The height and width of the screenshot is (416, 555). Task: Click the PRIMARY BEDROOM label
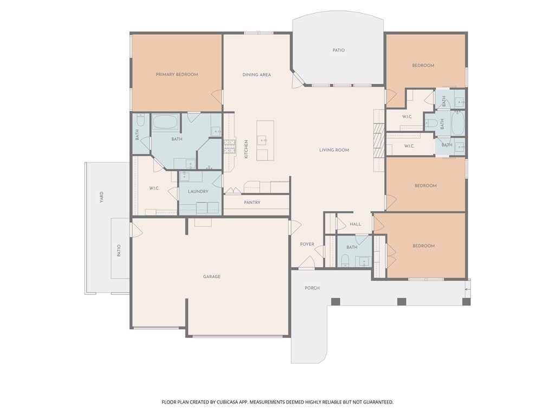177,75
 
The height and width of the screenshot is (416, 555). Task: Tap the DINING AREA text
256,75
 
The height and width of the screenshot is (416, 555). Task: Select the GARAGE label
211,277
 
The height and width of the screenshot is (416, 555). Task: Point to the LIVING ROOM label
334,150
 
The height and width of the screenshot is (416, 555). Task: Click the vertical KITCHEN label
246,149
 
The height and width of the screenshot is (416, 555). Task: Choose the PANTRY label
252,203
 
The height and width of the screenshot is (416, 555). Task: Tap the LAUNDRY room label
198,192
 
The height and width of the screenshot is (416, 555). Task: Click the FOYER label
307,244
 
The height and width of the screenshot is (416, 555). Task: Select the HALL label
355,224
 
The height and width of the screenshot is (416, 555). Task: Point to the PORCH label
312,288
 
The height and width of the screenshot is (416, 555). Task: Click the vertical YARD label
101,197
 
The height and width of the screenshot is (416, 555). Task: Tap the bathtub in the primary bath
165,122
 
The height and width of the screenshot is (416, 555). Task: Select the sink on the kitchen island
263,141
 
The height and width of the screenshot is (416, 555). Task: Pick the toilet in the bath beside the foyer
345,262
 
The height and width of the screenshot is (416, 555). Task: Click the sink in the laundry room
185,175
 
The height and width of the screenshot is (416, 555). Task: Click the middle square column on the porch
401,302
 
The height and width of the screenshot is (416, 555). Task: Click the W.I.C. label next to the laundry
154,188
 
